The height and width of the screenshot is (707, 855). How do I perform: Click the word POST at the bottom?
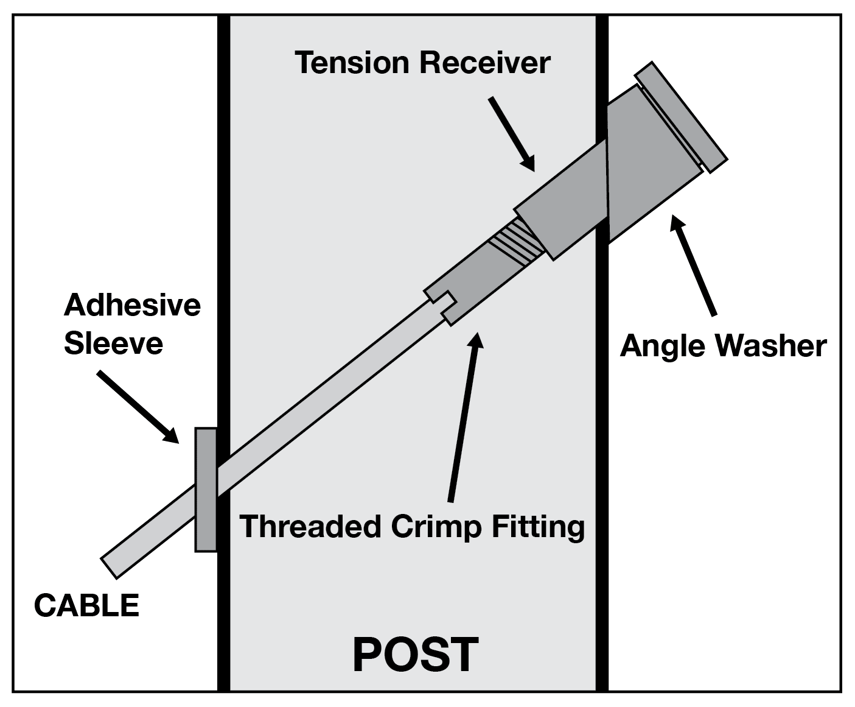pos(416,655)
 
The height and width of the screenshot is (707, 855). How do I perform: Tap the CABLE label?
pos(86,606)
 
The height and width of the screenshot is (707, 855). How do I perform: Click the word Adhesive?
pos(132,304)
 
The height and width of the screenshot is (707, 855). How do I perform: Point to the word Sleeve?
pos(113,343)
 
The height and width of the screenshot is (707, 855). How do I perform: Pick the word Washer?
pos(770,346)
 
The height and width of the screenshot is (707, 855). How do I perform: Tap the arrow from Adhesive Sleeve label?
pos(138,406)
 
